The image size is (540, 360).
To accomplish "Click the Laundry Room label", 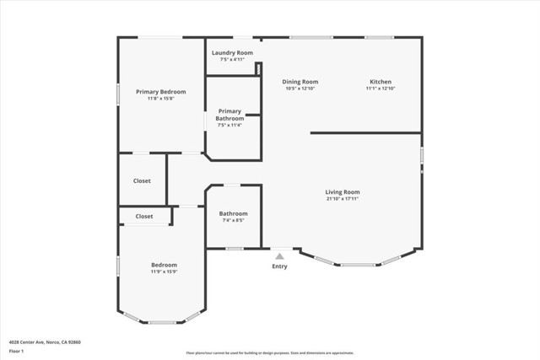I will [232, 52].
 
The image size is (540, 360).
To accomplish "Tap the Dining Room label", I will [300, 81].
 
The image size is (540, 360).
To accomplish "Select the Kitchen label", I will [381, 81].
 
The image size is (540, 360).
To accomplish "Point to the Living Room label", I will [343, 191].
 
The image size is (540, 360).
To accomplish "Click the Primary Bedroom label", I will [160, 91].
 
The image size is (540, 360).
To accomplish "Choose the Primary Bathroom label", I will [229, 115].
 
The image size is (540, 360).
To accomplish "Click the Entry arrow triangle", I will [279, 256].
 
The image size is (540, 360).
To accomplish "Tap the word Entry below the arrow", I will [279, 266].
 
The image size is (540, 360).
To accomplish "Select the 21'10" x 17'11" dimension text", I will [343, 199].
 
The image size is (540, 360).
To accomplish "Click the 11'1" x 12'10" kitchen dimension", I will [381, 89].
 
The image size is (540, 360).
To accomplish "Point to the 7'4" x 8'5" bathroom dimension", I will [234, 221].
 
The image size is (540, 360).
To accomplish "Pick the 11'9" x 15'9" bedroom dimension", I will [164, 271].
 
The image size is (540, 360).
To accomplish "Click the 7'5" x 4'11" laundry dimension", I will [232, 60].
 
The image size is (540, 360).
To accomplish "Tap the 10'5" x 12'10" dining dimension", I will [300, 89].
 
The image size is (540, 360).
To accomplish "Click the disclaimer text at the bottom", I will [270, 353].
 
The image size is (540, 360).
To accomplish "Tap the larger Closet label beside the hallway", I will [142, 180].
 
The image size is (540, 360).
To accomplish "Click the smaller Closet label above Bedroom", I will [144, 216].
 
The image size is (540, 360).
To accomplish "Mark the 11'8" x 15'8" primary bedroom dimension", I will [160, 99].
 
